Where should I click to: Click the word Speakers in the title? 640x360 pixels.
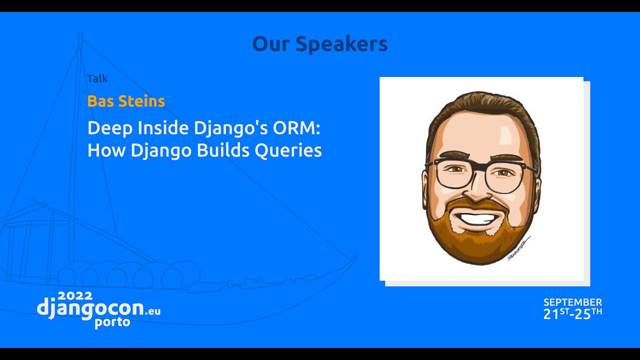click(x=341, y=44)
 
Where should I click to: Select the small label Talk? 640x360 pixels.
click(x=97, y=78)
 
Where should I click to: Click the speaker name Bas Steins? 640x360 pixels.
click(x=126, y=101)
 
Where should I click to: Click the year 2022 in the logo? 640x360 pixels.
click(x=75, y=295)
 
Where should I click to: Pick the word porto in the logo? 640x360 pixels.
click(x=112, y=322)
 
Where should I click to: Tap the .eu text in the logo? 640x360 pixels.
click(x=153, y=311)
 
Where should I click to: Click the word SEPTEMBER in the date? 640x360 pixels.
click(x=572, y=302)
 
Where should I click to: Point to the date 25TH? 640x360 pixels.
click(x=589, y=314)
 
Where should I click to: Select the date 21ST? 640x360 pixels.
click(x=556, y=314)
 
